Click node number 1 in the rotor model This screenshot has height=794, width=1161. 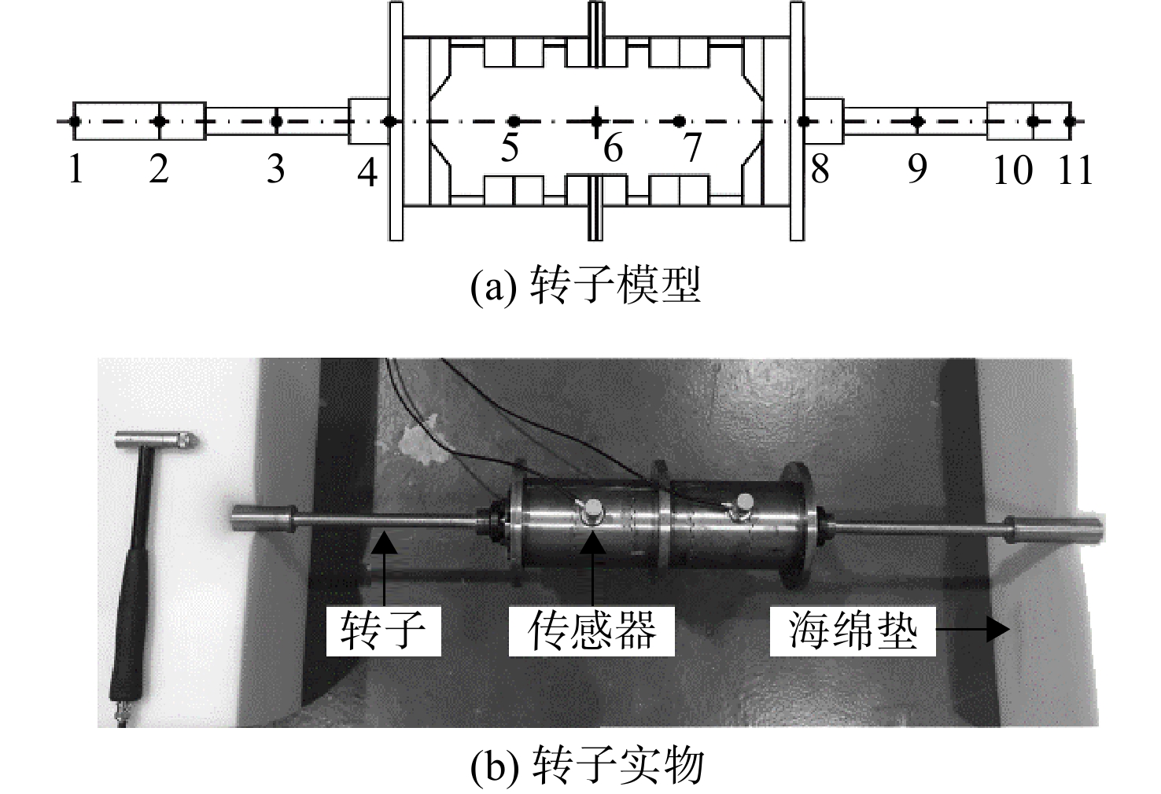tap(76, 169)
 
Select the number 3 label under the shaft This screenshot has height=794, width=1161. tap(276, 169)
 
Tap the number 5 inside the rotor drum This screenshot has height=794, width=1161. tap(510, 147)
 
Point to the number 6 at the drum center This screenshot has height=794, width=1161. tap(614, 148)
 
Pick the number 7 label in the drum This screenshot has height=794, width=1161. tap(692, 147)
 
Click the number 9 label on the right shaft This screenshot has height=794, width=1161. tap(917, 169)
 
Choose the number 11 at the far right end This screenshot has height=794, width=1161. tap(1075, 170)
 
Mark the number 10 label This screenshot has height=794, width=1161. tap(1013, 170)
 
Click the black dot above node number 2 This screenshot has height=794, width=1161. tap(160, 122)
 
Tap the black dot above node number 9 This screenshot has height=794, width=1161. tap(918, 122)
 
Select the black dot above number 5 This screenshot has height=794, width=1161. tap(514, 122)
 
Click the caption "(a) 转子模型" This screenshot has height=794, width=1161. tap(585, 285)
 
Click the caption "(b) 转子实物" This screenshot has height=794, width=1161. tap(587, 766)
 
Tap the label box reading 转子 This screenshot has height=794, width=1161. tap(384, 630)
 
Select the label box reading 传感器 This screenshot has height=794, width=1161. tap(592, 630)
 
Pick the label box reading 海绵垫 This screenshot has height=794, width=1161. tap(853, 630)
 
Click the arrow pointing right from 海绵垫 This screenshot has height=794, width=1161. tap(973, 630)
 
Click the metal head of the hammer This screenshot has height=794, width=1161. tap(156, 441)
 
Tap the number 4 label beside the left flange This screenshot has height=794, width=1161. tap(367, 172)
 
